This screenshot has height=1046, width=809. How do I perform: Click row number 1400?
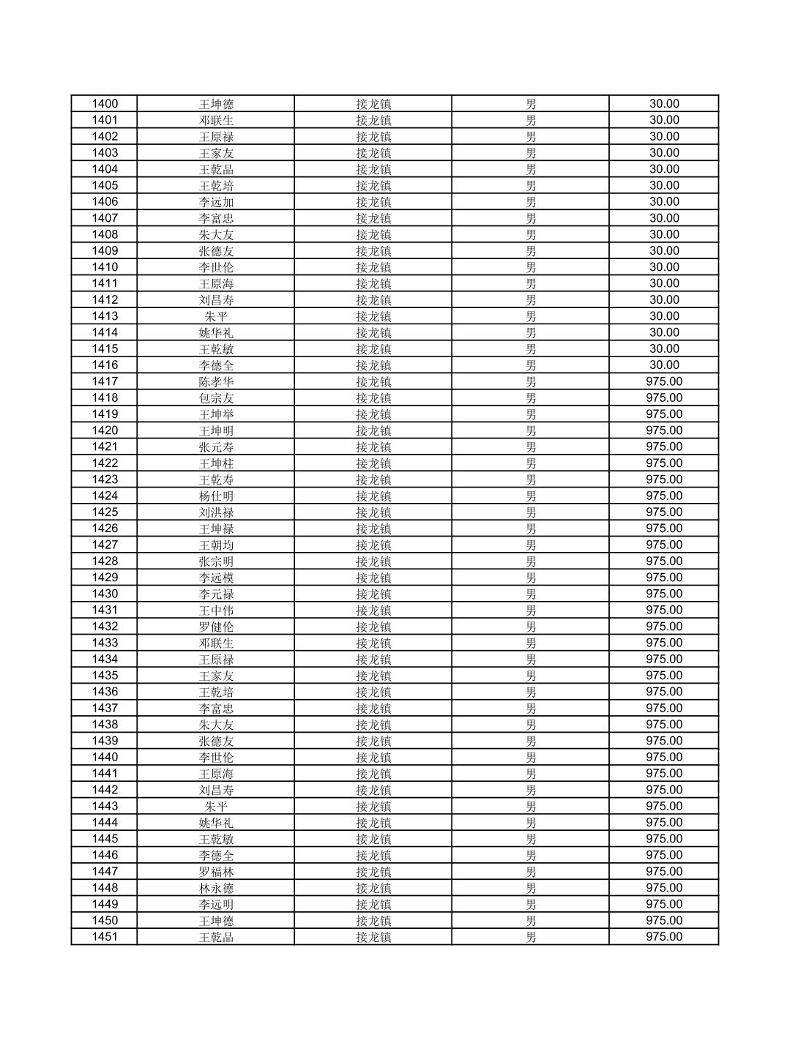tap(105, 104)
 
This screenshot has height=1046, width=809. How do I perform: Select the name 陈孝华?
tap(216, 381)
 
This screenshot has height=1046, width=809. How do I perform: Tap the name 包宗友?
tap(216, 398)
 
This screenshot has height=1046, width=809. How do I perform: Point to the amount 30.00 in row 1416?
tap(664, 365)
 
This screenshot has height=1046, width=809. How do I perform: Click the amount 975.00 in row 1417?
tap(664, 381)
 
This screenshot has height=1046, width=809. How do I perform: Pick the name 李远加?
tap(216, 202)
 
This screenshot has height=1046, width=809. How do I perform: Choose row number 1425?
tap(105, 512)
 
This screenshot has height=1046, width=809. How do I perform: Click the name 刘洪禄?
tap(216, 512)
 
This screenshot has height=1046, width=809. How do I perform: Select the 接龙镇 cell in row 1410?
tap(373, 267)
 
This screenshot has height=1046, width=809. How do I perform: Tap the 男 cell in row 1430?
tap(531, 594)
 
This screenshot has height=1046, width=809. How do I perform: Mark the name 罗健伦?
tap(216, 627)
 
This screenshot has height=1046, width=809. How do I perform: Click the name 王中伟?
tap(216, 610)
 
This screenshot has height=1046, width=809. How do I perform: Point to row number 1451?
tap(105, 937)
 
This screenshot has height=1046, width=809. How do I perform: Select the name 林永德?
tap(216, 888)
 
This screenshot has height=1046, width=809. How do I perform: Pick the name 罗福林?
tap(216, 872)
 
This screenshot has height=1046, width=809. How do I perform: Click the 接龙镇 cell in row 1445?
tap(373, 839)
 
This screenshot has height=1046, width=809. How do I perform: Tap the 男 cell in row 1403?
tap(531, 153)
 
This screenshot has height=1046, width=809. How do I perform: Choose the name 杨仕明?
tap(216, 496)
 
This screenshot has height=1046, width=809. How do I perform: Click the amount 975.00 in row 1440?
tap(664, 757)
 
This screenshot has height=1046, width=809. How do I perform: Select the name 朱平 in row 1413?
tap(216, 316)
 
